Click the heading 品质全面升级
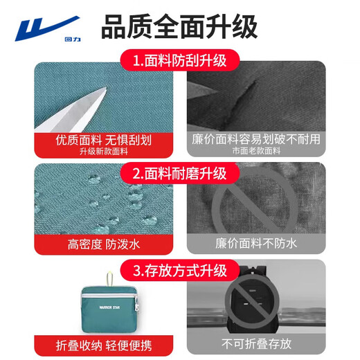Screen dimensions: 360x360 [x=179, y=27]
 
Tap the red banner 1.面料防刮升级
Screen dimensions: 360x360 [x=179, y=61]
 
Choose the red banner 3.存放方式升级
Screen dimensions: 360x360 [x=179, y=268]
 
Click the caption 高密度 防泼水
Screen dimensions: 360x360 [x=103, y=244]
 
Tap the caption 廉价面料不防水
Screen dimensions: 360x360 [x=256, y=244]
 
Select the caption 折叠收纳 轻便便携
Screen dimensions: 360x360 [x=103, y=343]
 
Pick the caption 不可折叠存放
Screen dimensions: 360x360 [x=256, y=343]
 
